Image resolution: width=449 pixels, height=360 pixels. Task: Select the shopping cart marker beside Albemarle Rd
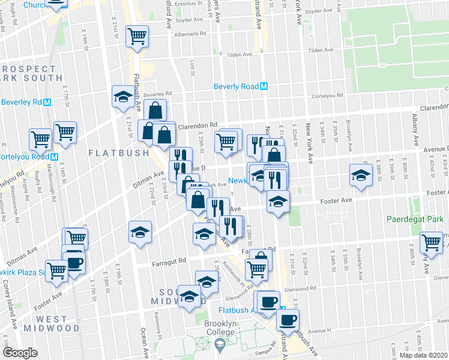pos(137,37)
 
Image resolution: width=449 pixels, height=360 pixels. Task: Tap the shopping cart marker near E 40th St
pos(432,242)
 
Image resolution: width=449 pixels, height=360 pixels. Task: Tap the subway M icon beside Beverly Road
pos(264,86)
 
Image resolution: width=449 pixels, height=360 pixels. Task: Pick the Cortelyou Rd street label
pos(331,95)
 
